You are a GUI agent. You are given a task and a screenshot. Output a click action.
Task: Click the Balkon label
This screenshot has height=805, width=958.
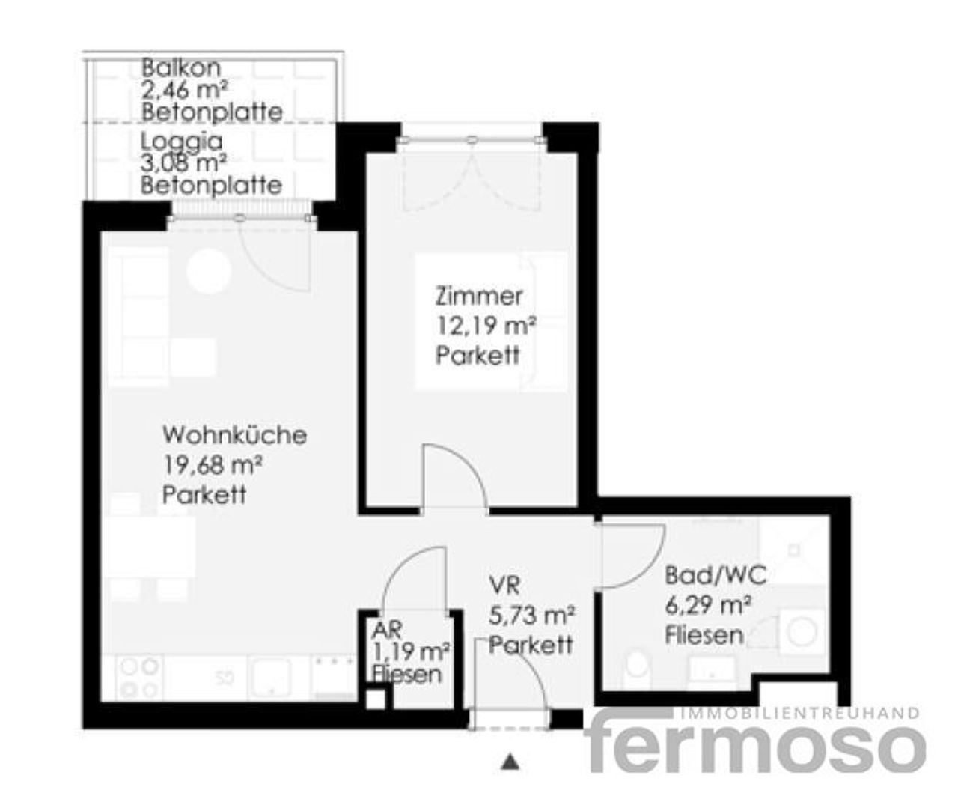[181, 68]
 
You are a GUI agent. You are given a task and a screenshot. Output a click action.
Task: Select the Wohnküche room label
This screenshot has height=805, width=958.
[234, 434]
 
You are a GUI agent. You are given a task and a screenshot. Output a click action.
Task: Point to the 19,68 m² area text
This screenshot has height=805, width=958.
[212, 465]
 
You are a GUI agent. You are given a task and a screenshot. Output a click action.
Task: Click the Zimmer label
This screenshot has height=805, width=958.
[478, 297]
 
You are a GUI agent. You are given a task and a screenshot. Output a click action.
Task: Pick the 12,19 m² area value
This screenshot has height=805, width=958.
[486, 326]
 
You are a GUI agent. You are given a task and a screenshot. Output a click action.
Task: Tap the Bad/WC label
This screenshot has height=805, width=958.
[716, 575]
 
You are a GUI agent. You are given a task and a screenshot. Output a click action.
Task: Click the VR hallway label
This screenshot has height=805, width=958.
[504, 586]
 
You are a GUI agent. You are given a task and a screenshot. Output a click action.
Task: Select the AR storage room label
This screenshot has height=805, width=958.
[386, 630]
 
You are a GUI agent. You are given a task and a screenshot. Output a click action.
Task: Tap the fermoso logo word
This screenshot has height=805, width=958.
[756, 746]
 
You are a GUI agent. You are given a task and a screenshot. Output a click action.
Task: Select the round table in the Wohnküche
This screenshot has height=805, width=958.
[208, 271]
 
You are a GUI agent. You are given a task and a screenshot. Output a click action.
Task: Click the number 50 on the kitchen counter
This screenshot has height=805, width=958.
[223, 678]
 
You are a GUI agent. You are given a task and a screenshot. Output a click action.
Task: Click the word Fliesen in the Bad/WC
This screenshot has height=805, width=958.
[704, 636]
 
